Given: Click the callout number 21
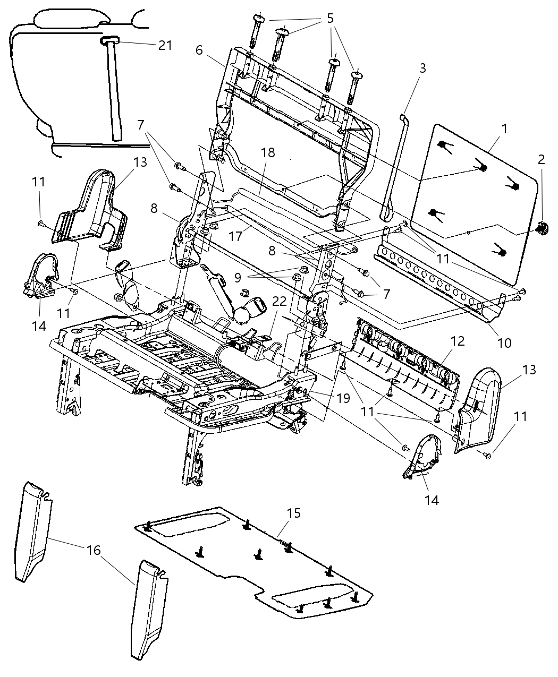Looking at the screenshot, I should [165, 45].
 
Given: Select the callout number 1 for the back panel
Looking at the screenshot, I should [504, 128].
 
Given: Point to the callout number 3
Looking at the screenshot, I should [422, 68].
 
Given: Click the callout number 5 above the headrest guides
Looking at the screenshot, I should [330, 19].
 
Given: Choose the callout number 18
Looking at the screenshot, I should [268, 152].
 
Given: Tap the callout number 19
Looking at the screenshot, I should [343, 398].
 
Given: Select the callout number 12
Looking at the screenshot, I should [457, 341].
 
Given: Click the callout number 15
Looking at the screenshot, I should [294, 513].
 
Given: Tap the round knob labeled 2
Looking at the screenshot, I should [542, 228].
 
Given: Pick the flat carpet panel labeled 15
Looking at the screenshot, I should [255, 558].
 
